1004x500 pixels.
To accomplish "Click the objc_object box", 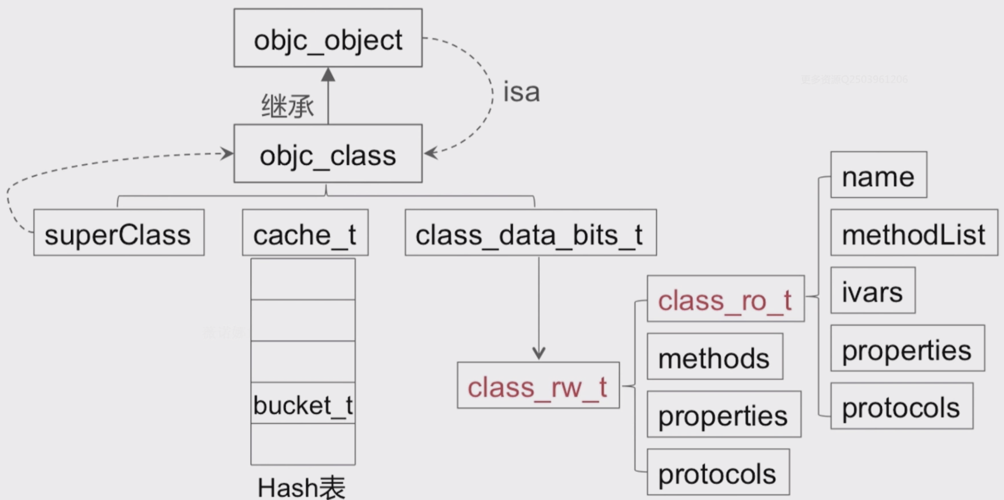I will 328,38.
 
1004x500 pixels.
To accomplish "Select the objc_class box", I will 328,153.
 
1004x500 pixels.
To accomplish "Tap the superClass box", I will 119,233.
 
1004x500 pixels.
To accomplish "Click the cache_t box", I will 305,233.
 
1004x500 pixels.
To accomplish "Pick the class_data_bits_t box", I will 531,233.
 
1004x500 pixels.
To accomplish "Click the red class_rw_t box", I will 538,385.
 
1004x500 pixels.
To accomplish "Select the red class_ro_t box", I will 725,299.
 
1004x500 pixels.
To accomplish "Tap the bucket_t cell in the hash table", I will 303,403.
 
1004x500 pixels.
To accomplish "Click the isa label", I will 521,92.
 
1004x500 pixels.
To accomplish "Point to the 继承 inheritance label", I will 287,106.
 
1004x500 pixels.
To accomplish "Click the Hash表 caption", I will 301,487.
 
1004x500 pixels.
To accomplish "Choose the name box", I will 879,175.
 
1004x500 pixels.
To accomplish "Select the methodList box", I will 914,233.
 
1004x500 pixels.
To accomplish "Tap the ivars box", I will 873,290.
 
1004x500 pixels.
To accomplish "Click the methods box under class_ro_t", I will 715,357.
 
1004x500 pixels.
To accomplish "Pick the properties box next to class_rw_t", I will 724,414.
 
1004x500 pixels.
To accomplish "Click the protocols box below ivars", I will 901,406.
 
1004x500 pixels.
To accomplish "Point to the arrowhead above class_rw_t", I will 539,353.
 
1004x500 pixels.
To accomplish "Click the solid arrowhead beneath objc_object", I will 328,75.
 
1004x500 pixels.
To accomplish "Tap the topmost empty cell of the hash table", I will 303,279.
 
